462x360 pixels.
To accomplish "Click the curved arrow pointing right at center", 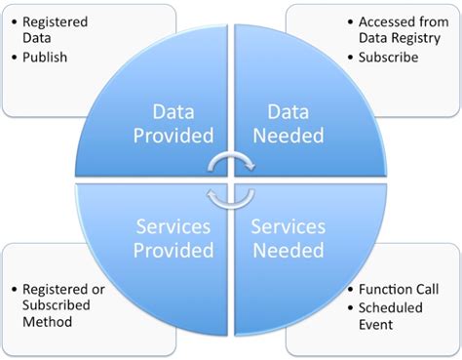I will [231, 162].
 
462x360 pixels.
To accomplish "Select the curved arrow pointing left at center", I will [231, 198].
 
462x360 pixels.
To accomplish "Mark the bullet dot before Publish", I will [14, 58].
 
